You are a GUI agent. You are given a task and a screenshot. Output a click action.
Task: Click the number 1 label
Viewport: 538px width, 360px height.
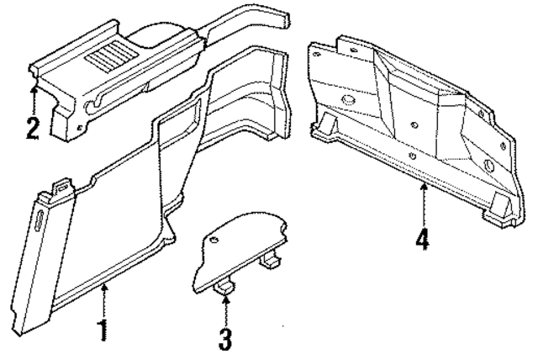tap(103, 329)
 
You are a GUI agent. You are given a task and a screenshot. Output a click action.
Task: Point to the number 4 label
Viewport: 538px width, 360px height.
tap(423, 240)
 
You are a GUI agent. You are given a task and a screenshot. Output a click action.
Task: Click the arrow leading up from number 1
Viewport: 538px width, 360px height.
tap(103, 299)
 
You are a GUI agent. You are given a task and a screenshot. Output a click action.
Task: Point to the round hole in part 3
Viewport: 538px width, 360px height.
tap(212, 241)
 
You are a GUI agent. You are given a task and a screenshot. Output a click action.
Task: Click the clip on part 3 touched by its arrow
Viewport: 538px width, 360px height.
tap(224, 289)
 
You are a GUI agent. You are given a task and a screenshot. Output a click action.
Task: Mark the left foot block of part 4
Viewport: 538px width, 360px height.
tap(322, 130)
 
